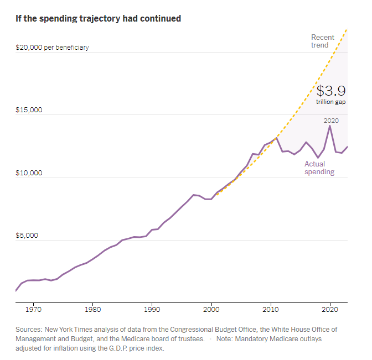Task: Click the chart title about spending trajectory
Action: [99, 18]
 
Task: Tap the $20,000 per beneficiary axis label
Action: [52, 48]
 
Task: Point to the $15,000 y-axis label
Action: [29, 110]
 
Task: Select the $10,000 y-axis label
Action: [29, 173]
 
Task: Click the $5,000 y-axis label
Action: [27, 236]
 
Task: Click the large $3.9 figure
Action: [331, 91]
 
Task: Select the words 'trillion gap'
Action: [331, 102]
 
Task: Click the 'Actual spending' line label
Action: [319, 168]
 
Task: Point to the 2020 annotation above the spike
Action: [331, 120]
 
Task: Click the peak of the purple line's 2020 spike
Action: [330, 126]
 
